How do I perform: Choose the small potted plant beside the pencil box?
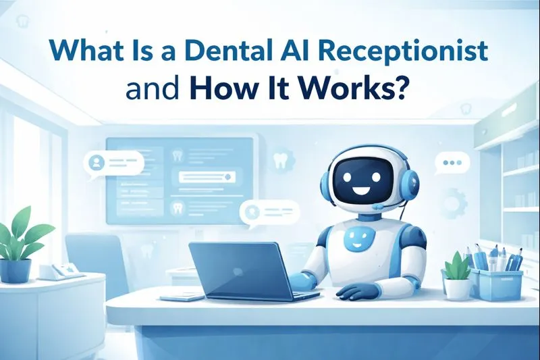click(x=458, y=276)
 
